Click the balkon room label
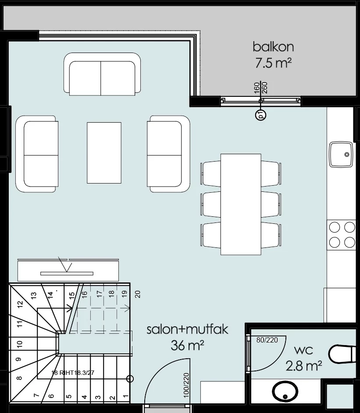(273, 47)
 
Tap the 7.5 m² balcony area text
(273, 63)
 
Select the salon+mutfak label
(187, 329)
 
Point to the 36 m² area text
(187, 346)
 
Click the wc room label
(303, 350)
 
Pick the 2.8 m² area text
(304, 366)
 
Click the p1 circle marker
(260, 115)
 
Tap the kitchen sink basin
(341, 154)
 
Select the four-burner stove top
(342, 235)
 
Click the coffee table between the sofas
(104, 153)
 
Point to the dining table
(241, 205)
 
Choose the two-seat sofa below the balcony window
(102, 74)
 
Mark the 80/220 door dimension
(267, 340)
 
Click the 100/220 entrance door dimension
(186, 385)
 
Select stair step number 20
(137, 294)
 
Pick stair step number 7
(37, 395)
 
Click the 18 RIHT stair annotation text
(73, 373)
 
